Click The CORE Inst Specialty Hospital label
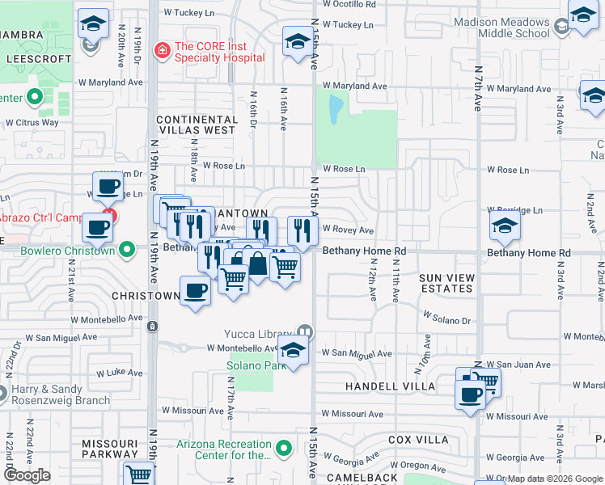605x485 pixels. [219, 52]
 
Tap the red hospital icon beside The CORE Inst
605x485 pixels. [162, 51]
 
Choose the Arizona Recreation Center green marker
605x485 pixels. [283, 447]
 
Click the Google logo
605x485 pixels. [27, 475]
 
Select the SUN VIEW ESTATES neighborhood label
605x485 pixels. [446, 283]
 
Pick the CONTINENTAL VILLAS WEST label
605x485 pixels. [197, 124]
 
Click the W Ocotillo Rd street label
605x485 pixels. [349, 4]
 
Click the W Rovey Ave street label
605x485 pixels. [349, 230]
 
